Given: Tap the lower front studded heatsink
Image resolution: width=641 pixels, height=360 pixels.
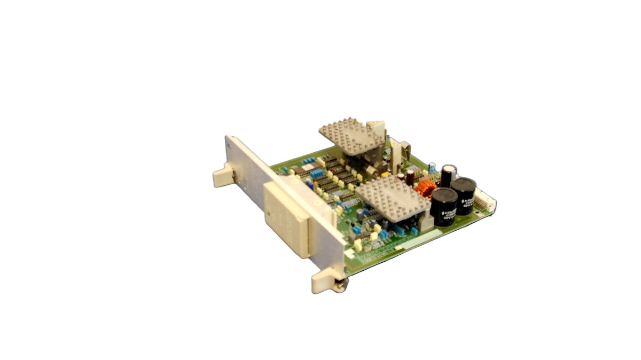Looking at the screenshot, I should [393, 198].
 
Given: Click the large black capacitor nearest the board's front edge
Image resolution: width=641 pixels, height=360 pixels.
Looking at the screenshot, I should [444, 206].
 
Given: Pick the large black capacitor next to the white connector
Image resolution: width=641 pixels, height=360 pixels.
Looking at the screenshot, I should [464, 195].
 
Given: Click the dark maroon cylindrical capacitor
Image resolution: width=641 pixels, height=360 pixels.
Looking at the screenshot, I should [410, 177].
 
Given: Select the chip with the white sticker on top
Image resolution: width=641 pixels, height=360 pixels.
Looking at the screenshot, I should [305, 170].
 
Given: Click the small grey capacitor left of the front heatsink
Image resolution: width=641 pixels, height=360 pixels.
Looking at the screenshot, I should [363, 213].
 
